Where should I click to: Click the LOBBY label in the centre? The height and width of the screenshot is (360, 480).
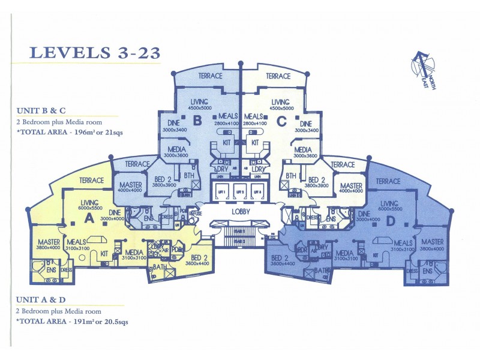coord(240,212)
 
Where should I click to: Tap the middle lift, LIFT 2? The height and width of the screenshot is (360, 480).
coord(240,191)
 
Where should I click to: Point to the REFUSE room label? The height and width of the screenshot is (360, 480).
coord(196,212)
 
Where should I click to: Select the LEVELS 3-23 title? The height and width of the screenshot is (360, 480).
coord(95,52)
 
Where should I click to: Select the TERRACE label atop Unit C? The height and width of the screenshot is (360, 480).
coord(278,76)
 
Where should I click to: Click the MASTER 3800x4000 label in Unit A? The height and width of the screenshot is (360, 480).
coord(48,244)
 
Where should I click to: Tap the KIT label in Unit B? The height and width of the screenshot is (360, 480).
coord(227,143)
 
